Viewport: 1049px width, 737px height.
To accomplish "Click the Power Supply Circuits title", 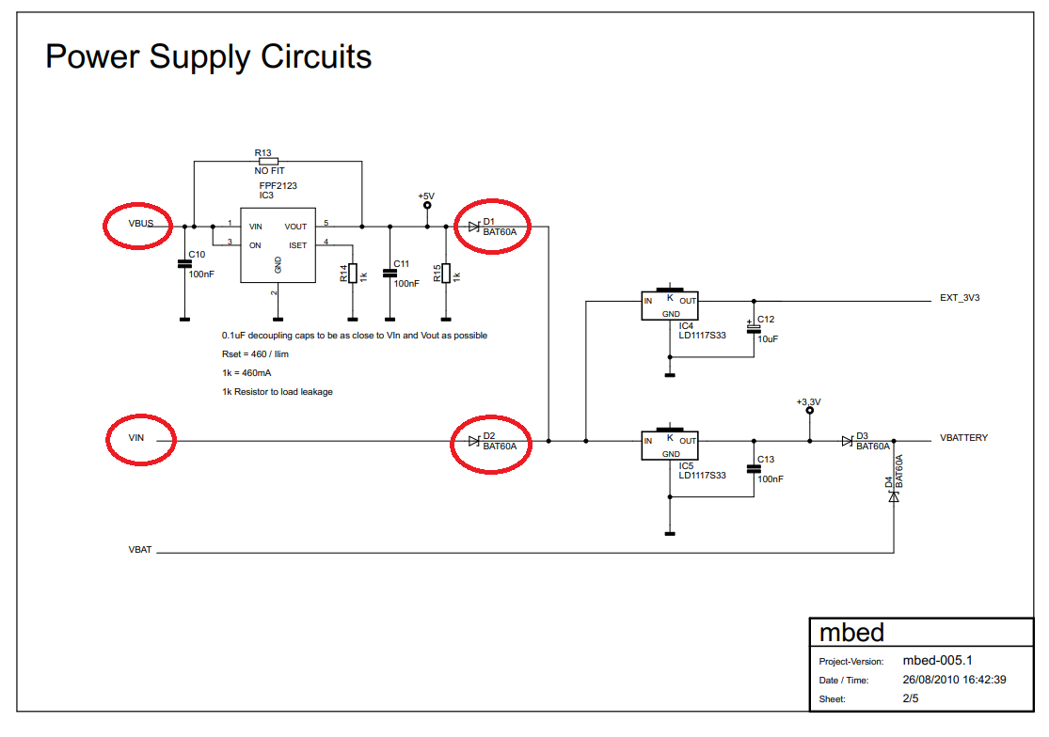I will [x=208, y=57].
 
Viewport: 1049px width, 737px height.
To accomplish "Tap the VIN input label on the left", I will [x=137, y=438].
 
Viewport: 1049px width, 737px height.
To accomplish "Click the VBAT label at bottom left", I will [x=139, y=549].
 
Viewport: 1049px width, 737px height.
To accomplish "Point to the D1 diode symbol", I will [x=473, y=227].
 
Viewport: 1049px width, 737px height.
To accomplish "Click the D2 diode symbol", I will [x=473, y=440].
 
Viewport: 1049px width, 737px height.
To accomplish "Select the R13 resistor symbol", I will [x=268, y=161].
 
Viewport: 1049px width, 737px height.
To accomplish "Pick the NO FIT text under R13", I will [x=269, y=171].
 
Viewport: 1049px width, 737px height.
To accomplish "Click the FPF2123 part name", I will [x=278, y=186].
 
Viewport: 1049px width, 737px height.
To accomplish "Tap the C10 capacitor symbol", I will [x=184, y=265].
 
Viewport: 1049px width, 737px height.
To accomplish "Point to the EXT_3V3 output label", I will [x=960, y=298].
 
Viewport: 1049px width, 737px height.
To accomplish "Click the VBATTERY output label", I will [x=963, y=438].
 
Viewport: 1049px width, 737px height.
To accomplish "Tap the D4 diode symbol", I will [x=893, y=495].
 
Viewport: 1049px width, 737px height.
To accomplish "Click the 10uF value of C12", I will [x=768, y=338].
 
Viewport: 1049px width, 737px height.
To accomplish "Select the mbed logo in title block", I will [x=851, y=631].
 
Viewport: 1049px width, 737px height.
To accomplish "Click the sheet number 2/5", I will [x=910, y=698].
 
